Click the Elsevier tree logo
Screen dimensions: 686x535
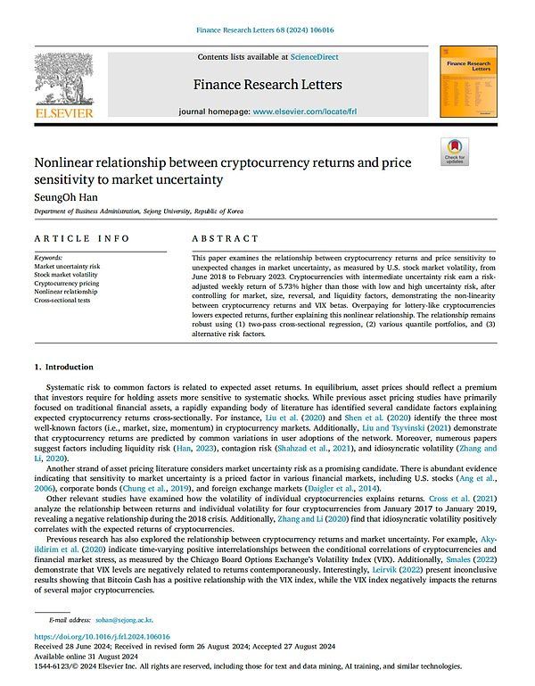click(x=62, y=79)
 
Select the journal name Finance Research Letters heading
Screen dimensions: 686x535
click(x=267, y=85)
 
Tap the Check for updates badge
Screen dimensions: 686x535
click(x=455, y=152)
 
